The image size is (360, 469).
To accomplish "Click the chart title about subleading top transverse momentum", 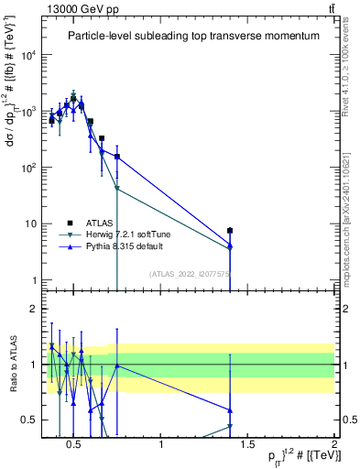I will tap(193, 37).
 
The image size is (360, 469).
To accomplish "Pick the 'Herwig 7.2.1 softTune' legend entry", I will tap(122, 234).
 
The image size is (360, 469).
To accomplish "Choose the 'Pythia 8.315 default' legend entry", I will tap(120, 246).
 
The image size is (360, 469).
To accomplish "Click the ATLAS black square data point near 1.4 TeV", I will tap(230, 231).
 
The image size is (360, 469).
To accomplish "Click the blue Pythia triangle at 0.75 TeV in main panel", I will tap(117, 157).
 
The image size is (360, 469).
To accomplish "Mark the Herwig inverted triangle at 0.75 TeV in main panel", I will tap(117, 189).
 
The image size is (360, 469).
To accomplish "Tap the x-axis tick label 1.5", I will tap(247, 445).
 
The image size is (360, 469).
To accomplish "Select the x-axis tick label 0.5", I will tap(75, 445).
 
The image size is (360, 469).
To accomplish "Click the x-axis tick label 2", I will tap(333, 445).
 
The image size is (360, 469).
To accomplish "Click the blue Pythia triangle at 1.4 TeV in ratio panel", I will tap(230, 410).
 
